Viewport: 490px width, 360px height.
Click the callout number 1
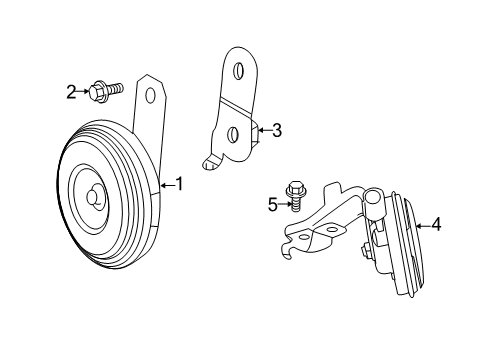pyautogui.click(x=180, y=184)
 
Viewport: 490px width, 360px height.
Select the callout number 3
pyautogui.click(x=277, y=129)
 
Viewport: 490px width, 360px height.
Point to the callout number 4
pyautogui.click(x=435, y=225)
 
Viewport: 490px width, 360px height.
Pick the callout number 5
pyautogui.click(x=272, y=206)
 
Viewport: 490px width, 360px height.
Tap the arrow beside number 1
pyautogui.click(x=166, y=184)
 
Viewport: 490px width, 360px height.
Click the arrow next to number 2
pyautogui.click(x=84, y=92)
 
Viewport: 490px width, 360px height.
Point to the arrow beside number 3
pyautogui.click(x=262, y=129)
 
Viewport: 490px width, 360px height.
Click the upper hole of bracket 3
pyautogui.click(x=240, y=70)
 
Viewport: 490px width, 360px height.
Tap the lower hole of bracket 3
pyautogui.click(x=232, y=134)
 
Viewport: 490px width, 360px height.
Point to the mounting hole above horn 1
pyautogui.click(x=148, y=96)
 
